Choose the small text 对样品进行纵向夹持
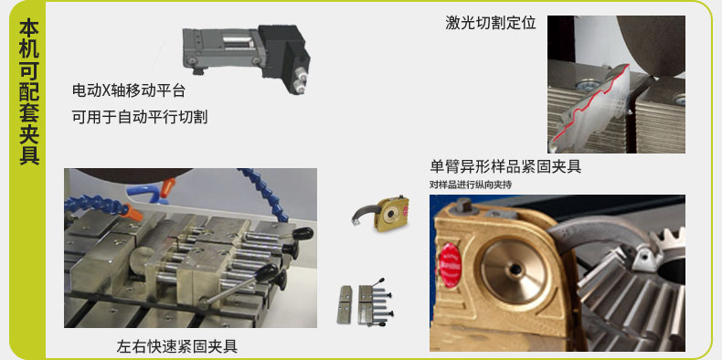(x=471, y=185)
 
